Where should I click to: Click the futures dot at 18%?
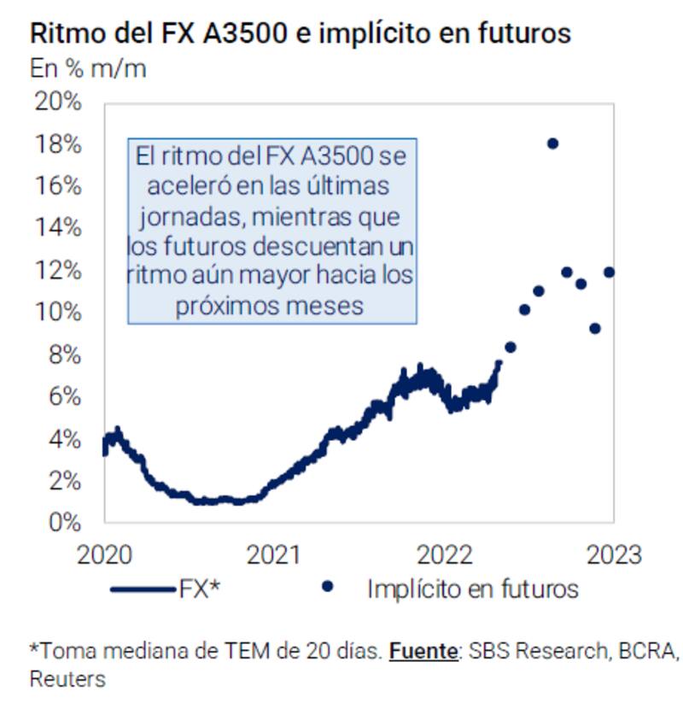pyautogui.click(x=552, y=144)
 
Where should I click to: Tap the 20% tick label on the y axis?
pyautogui.click(x=58, y=102)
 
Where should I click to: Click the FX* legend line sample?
pyautogui.click(x=142, y=589)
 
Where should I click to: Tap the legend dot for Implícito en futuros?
pyautogui.click(x=327, y=588)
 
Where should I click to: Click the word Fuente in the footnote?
pyautogui.click(x=423, y=651)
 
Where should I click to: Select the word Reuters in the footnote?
pyautogui.click(x=67, y=680)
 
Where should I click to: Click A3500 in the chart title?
pyautogui.click(x=230, y=34)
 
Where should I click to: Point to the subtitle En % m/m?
pyautogui.click(x=87, y=68)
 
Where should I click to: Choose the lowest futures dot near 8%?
pyautogui.click(x=511, y=347)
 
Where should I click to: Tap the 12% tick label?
pyautogui.click(x=58, y=270)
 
